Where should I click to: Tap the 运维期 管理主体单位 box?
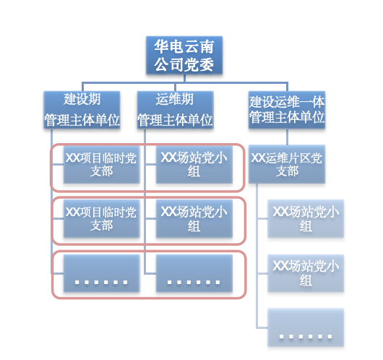click(x=175, y=109)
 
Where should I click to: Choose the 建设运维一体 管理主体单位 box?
click(x=287, y=109)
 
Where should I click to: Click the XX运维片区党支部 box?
click(x=287, y=165)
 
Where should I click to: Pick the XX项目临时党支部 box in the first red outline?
click(x=101, y=165)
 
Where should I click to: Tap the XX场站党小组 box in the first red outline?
click(x=194, y=165)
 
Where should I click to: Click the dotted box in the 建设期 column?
click(x=101, y=273)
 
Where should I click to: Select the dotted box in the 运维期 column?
click(x=194, y=273)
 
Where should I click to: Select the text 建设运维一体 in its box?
click(x=287, y=100)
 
